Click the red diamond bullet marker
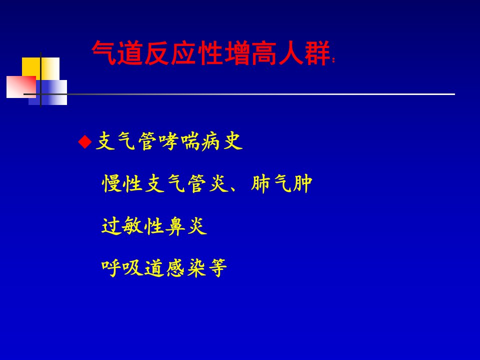[x=85, y=142]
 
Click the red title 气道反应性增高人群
[x=210, y=53]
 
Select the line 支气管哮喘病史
[x=169, y=141]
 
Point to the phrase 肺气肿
[x=281, y=183]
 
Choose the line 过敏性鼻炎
[x=154, y=226]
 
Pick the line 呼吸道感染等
[x=164, y=268]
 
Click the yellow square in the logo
[x=40, y=69]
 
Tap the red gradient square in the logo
[x=21, y=87]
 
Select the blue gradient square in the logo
[x=48, y=92]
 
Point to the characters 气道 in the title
[x=117, y=53]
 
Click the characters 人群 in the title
[x=304, y=53]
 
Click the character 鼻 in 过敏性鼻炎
[x=175, y=226]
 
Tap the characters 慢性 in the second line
[x=122, y=183]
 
